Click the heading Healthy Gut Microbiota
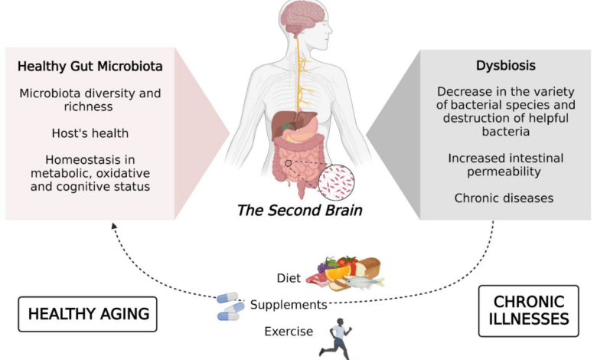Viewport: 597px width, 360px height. click(90, 67)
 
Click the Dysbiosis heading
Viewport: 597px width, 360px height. click(506, 66)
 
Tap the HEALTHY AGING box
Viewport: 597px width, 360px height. click(87, 314)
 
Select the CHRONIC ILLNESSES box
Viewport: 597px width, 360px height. click(528, 311)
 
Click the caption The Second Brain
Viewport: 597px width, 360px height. click(299, 211)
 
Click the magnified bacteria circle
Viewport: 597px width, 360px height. click(336, 182)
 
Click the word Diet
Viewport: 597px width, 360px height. click(289, 278)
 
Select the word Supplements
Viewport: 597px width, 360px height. click(289, 305)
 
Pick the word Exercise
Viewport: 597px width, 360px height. click(289, 332)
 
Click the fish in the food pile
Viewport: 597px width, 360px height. click(364, 283)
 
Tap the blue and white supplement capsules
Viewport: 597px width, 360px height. click(230, 306)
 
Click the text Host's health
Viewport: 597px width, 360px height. click(90, 133)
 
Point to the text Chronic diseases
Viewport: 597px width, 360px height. click(504, 198)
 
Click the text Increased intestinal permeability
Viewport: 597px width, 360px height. click(505, 165)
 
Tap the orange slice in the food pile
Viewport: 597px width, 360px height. click(338, 273)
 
